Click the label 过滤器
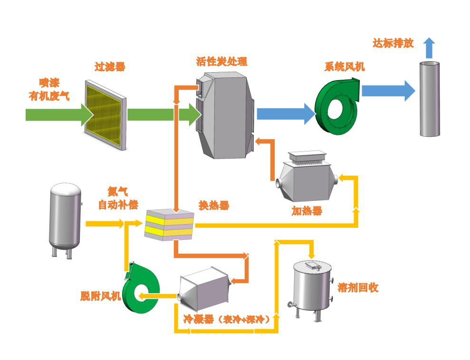point(110,67)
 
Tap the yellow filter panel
point(105,114)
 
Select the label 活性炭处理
point(221,61)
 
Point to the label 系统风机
point(345,66)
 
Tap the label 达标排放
point(393,44)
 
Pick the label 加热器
point(307,211)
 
